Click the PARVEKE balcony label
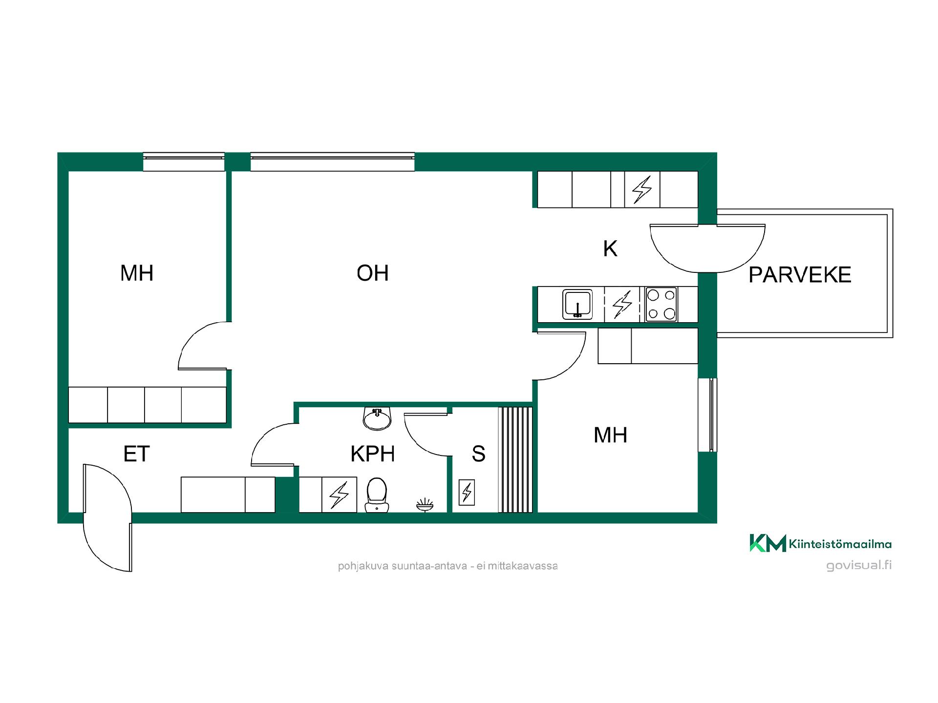pyautogui.click(x=800, y=275)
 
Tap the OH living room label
pyautogui.click(x=373, y=273)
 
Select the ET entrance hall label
pyautogui.click(x=136, y=454)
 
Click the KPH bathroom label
pyautogui.click(x=373, y=454)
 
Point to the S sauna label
pyautogui.click(x=478, y=454)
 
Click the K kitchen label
pyautogui.click(x=610, y=249)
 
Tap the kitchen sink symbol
pyautogui.click(x=577, y=304)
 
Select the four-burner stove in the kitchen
pyautogui.click(x=661, y=304)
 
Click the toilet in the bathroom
pyautogui.click(x=376, y=495)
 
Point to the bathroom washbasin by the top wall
pyautogui.click(x=377, y=419)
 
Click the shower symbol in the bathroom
pyautogui.click(x=425, y=505)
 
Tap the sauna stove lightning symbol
pyautogui.click(x=467, y=492)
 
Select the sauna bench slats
pyautogui.click(x=515, y=459)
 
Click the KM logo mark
pyautogui.click(x=767, y=543)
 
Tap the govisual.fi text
pyautogui.click(x=859, y=565)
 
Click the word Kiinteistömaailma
pyautogui.click(x=840, y=544)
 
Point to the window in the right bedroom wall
pyautogui.click(x=712, y=415)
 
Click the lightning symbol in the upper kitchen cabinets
pyautogui.click(x=642, y=189)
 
